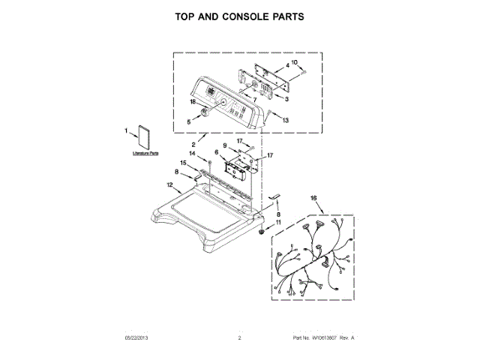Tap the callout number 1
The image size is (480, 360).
click(126, 131)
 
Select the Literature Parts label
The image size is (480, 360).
click(145, 153)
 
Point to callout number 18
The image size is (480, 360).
click(193, 101)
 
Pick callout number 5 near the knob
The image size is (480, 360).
click(189, 120)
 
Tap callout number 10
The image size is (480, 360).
click(294, 62)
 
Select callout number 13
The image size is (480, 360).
click(285, 120)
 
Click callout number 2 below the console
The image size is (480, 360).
click(193, 144)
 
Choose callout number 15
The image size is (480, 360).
click(183, 163)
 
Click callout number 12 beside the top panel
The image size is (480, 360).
click(169, 184)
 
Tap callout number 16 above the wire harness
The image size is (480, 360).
click(313, 198)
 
